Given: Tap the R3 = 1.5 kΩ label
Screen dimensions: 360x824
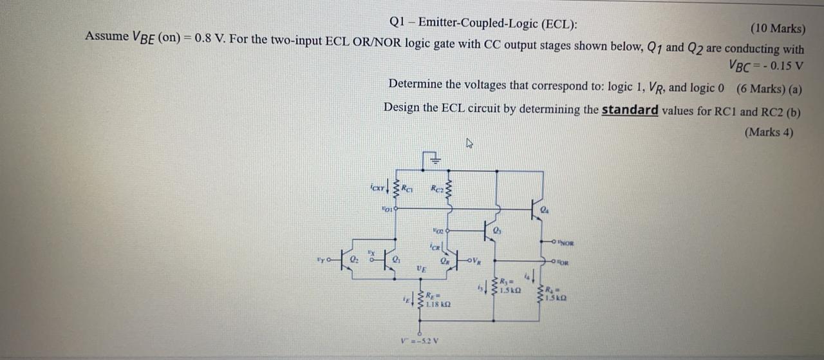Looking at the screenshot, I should click(x=510, y=285).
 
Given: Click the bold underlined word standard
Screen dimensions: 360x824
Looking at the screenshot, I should click(x=630, y=110).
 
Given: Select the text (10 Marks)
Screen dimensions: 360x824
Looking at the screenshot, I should click(x=777, y=28).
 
